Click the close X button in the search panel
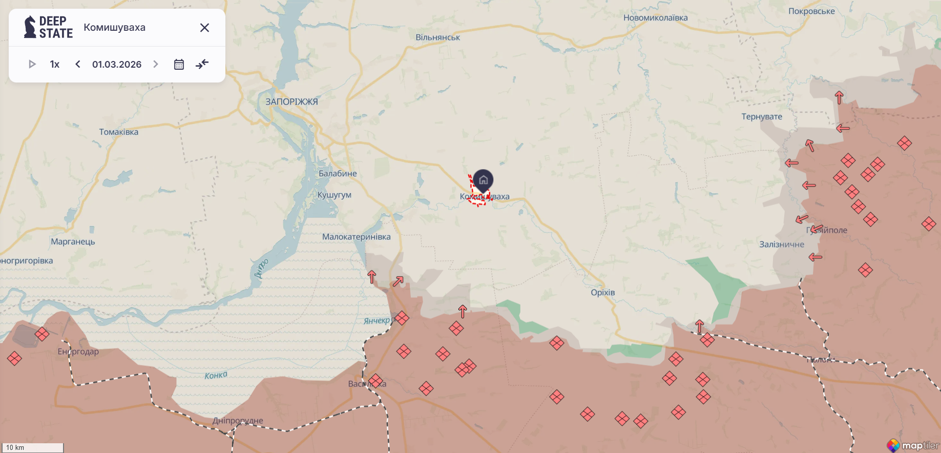click(204, 28)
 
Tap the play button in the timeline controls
click(32, 64)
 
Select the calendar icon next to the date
click(179, 64)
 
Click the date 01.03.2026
click(117, 64)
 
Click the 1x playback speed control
click(55, 64)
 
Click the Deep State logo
click(48, 27)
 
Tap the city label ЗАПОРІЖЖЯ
click(291, 101)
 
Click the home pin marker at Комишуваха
click(483, 180)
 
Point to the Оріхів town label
click(602, 292)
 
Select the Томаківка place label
click(119, 132)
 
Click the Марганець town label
click(73, 241)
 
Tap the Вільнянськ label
click(437, 37)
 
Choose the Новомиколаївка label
click(655, 17)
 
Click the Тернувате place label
click(762, 116)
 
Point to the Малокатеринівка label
click(356, 237)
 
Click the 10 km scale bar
click(32, 447)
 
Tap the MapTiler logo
click(913, 445)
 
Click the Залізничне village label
click(781, 244)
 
